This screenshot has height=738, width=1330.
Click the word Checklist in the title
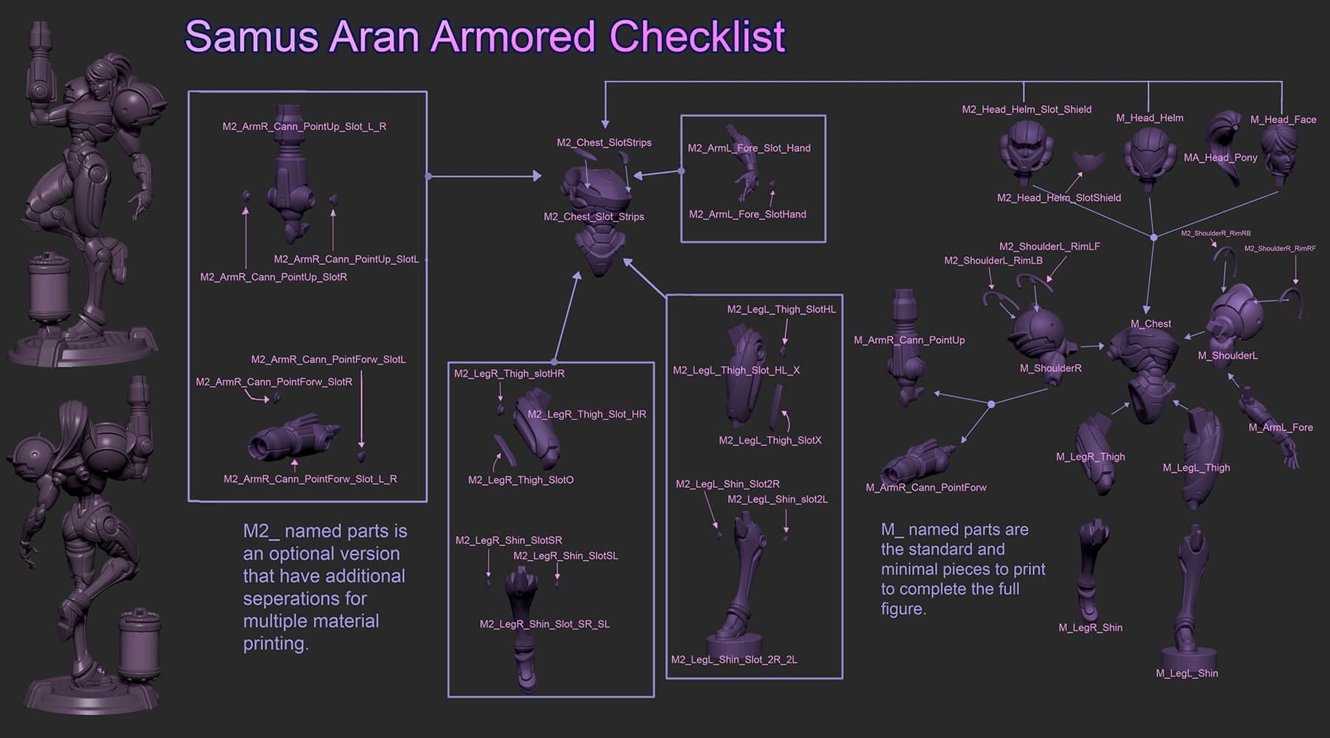[x=697, y=37]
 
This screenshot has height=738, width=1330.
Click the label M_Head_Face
[x=1283, y=120]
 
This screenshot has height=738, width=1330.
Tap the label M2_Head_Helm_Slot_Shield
[x=1026, y=109]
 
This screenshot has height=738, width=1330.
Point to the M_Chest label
[x=1151, y=324]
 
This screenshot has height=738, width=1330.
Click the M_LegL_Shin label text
[x=1187, y=673]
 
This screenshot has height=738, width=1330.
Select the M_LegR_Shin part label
[x=1090, y=628]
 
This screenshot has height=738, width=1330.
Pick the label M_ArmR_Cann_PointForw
[x=925, y=487]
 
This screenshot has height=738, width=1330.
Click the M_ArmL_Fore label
[x=1280, y=427]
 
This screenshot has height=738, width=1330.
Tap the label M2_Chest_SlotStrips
[x=603, y=142]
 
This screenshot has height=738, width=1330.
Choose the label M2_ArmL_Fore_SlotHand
[x=747, y=214]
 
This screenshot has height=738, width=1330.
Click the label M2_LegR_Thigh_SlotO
[x=520, y=480]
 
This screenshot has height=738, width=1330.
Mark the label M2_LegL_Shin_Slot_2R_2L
[x=733, y=660]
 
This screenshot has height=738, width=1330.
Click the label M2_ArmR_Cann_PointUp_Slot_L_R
[x=304, y=126]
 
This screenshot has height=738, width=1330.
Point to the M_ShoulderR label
[x=1050, y=368]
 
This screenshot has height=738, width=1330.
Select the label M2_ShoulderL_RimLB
[x=993, y=261]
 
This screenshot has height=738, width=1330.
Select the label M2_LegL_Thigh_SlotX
[x=769, y=441]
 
